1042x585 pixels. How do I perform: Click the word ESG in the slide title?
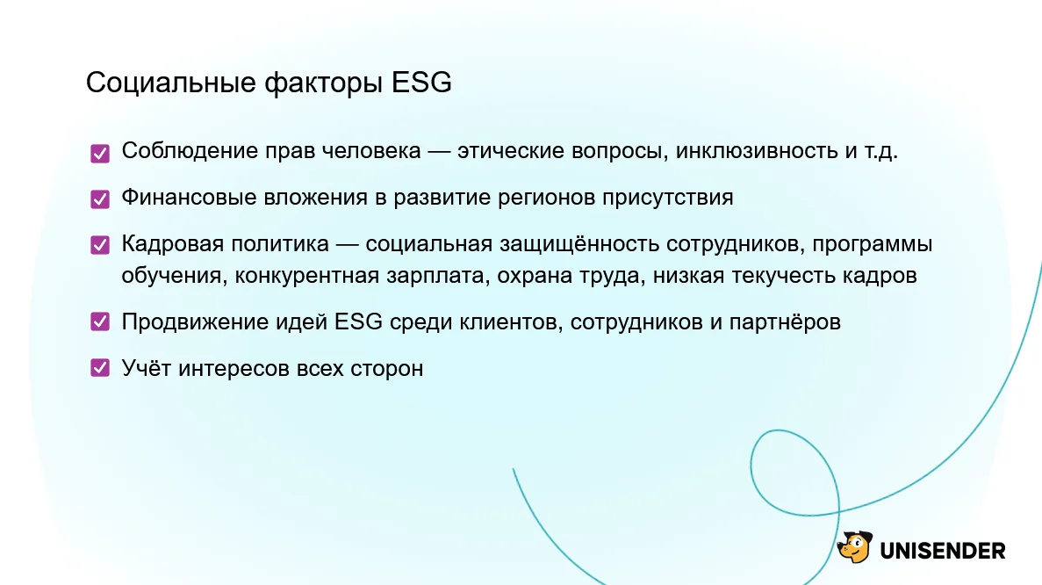pos(421,83)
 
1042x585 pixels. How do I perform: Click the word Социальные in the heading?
pos(171,83)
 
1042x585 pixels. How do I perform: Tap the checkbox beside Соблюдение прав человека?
pos(100,154)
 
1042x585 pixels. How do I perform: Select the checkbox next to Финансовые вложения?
pos(100,199)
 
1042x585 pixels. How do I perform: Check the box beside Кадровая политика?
pos(100,245)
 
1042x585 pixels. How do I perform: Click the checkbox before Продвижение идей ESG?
pos(100,321)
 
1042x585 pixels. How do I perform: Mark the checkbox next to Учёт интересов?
pos(100,368)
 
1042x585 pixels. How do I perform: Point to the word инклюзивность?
pos(757,151)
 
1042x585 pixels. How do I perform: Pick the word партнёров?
pos(785,322)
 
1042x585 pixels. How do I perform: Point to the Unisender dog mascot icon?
pos(855,547)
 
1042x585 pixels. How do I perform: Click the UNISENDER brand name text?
pos(942,551)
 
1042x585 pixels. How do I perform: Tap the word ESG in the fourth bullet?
pos(358,321)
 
